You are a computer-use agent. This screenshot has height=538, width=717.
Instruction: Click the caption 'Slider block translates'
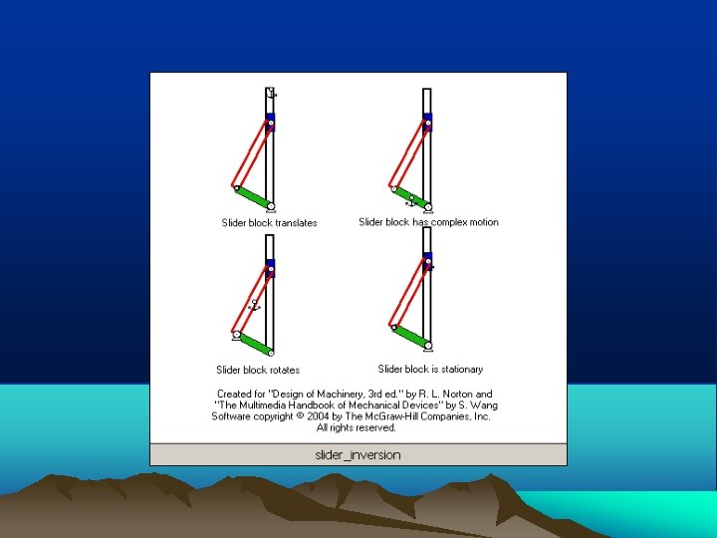point(269,223)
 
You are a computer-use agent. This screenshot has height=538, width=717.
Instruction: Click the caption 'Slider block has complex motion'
point(428,222)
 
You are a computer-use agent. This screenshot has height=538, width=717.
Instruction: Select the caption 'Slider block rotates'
point(258,370)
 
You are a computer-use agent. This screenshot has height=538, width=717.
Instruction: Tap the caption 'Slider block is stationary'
point(430,369)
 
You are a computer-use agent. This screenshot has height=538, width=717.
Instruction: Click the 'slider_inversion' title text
point(358,454)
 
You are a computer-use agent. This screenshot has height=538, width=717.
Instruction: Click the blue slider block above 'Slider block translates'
point(270,123)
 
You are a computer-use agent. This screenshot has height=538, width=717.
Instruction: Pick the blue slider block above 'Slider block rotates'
point(270,268)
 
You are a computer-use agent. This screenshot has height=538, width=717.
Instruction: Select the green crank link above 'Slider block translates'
point(253,197)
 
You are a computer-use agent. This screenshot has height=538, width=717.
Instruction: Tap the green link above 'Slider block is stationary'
point(410,337)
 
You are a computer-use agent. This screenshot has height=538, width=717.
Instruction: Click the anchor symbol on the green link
point(411,201)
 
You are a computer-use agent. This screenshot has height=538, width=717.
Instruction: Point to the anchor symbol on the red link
point(254,305)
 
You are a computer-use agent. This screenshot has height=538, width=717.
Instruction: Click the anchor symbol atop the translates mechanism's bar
point(271,93)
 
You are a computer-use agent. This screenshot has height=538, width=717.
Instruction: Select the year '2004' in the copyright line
point(318,416)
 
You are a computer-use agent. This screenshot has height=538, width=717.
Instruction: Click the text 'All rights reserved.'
point(357,427)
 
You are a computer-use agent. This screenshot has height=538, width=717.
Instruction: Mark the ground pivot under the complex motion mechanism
point(428,208)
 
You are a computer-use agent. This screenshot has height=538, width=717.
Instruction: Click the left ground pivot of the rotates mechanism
point(236,336)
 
